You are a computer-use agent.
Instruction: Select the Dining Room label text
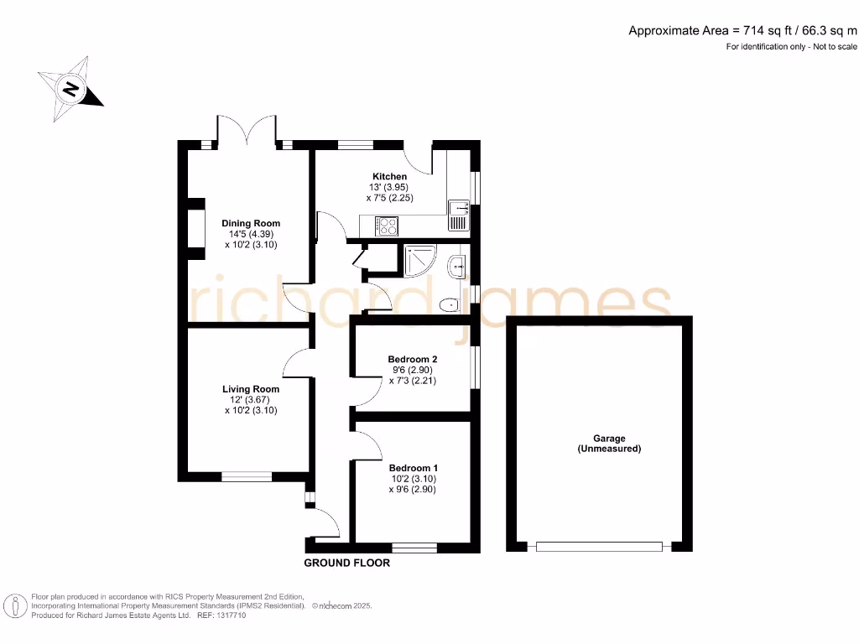pyautogui.click(x=251, y=223)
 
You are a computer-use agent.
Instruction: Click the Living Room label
pyautogui.click(x=251, y=389)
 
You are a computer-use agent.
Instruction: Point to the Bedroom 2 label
pyautogui.click(x=412, y=358)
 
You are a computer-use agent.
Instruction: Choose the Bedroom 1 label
pyautogui.click(x=412, y=468)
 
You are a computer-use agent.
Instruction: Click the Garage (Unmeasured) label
pyautogui.click(x=609, y=444)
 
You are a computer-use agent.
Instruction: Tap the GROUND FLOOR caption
pyautogui.click(x=346, y=563)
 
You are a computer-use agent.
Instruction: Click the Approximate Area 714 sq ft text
pyautogui.click(x=743, y=31)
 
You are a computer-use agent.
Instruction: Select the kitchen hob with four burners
pyautogui.click(x=388, y=226)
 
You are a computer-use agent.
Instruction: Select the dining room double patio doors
pyautogui.click(x=247, y=130)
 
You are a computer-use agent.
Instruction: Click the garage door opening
pyautogui.click(x=599, y=547)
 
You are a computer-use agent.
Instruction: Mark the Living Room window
pyautogui.click(x=247, y=476)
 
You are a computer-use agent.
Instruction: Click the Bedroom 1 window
pyautogui.click(x=414, y=548)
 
